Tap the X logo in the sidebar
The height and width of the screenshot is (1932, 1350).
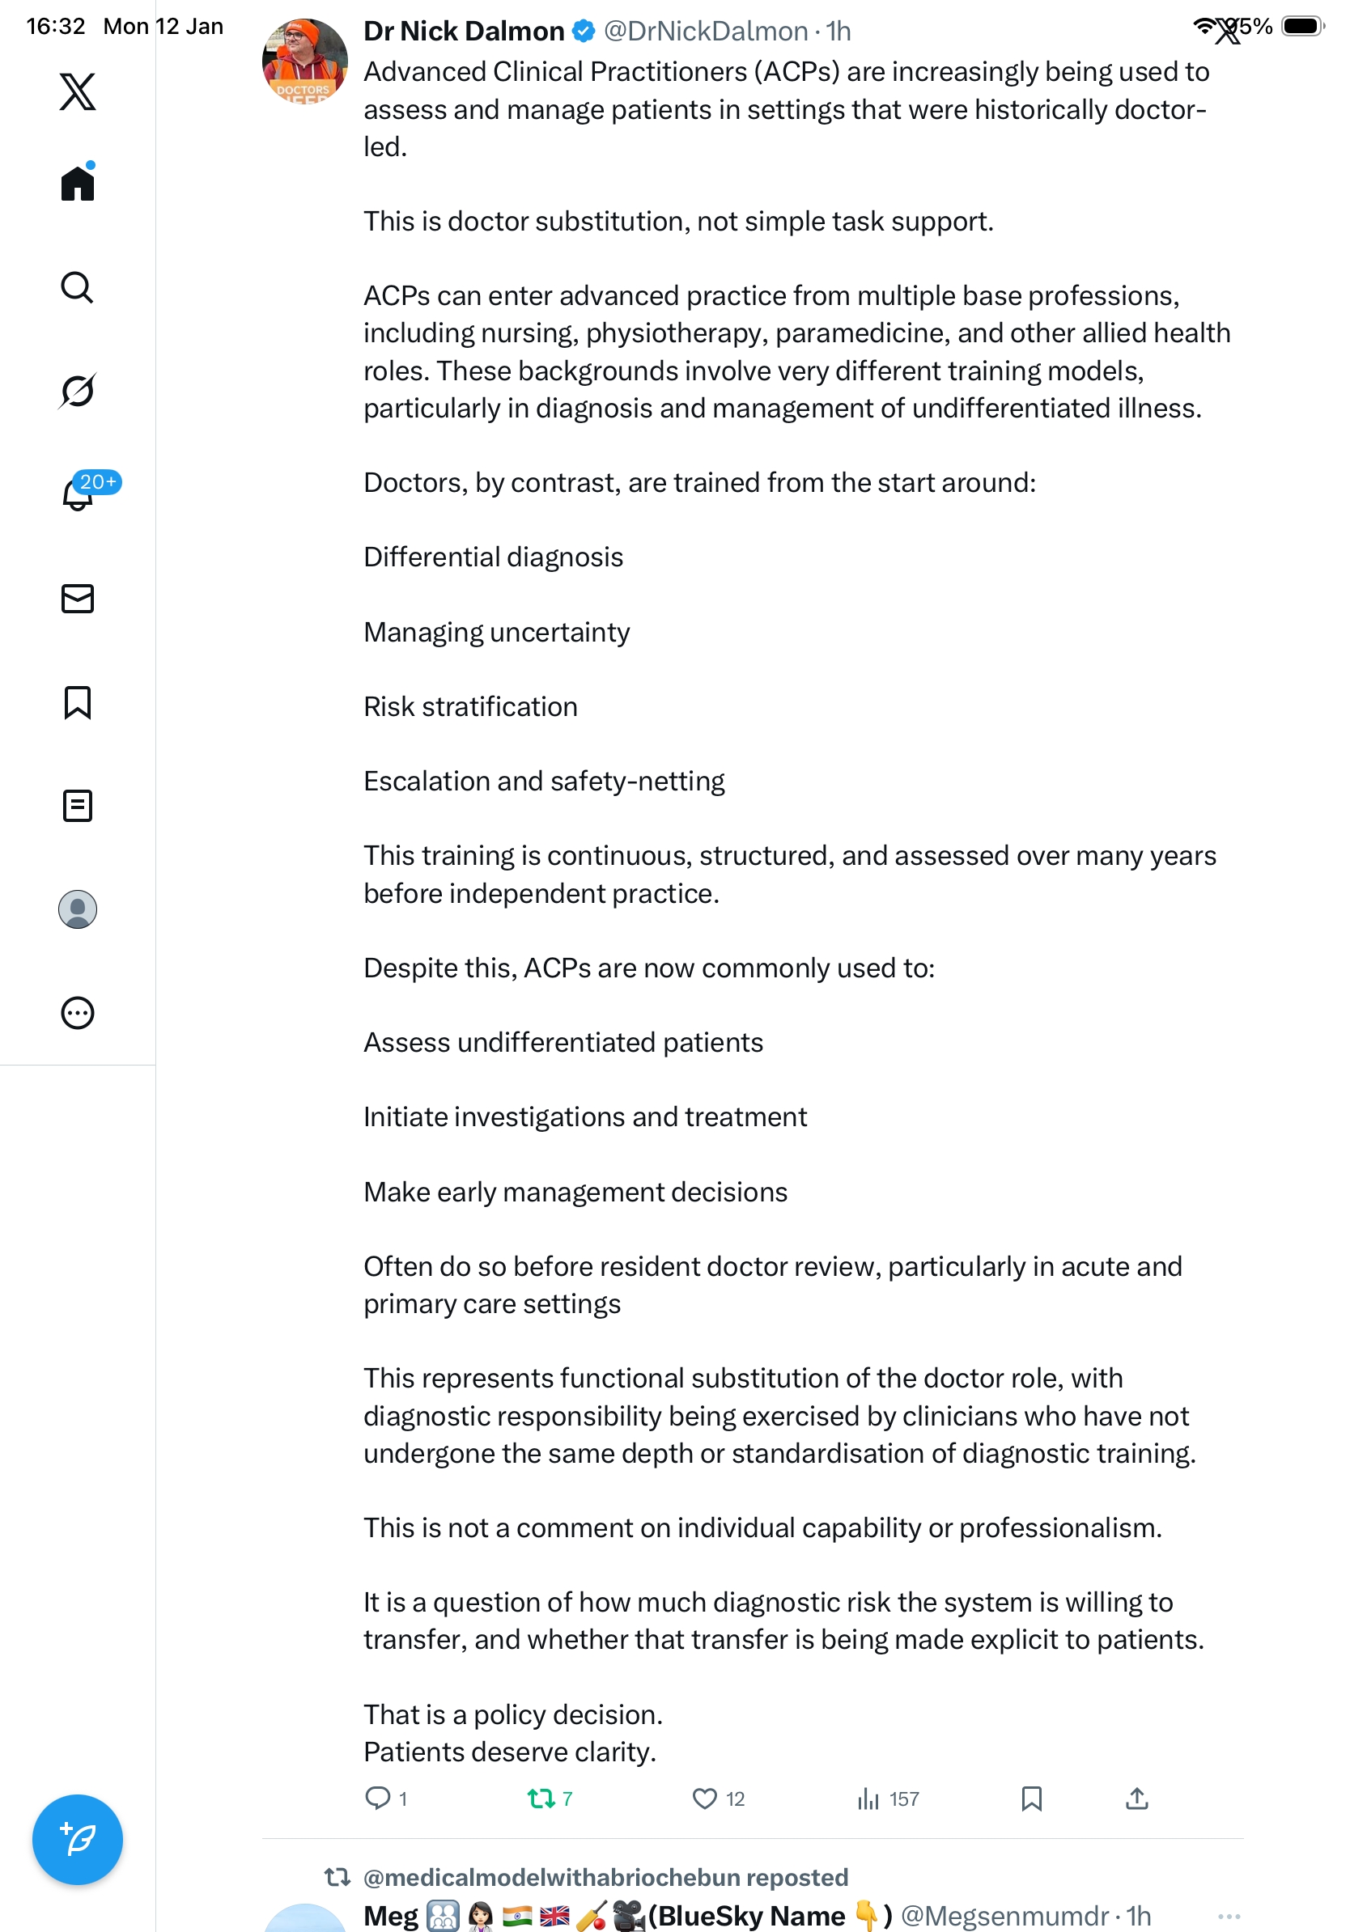coord(78,91)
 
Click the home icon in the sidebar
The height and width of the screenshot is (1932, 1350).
coord(78,183)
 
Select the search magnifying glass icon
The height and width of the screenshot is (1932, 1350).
coord(78,288)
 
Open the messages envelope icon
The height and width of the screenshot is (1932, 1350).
coord(78,598)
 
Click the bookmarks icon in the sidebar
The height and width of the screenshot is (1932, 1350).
coord(78,702)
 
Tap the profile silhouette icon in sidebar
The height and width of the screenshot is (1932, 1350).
coord(78,909)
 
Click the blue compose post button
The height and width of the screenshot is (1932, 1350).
coord(78,1840)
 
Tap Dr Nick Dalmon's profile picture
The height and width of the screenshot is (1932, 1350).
coord(304,61)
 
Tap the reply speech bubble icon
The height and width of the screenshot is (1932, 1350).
coord(377,1799)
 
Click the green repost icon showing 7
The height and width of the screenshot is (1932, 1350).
coord(541,1799)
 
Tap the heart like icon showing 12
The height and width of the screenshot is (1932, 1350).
coord(703,1799)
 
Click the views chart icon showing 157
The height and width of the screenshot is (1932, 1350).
coord(868,1799)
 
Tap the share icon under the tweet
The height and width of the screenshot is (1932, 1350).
coord(1136,1799)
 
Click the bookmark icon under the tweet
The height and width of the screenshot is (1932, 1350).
coord(1031,1799)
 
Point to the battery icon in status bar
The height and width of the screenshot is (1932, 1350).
coord(1301,26)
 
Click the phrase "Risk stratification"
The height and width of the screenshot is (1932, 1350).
coord(470,707)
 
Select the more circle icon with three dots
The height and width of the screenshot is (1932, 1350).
coord(78,1013)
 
